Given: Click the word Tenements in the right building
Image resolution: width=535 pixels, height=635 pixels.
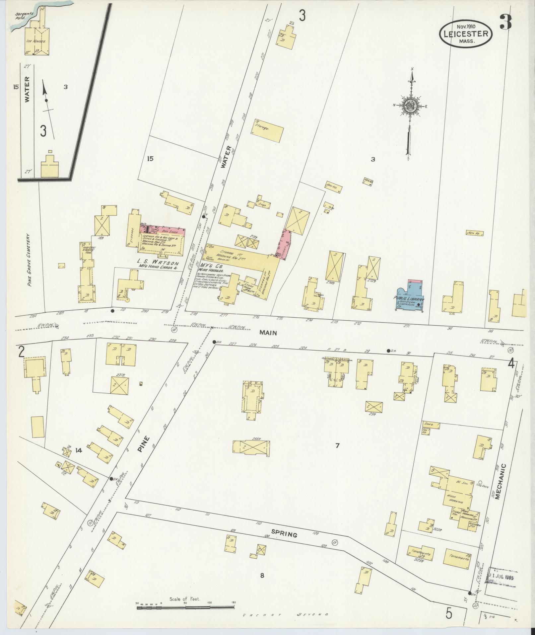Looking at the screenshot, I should coord(457,558).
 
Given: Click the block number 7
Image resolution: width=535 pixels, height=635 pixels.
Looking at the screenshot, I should coord(337,446).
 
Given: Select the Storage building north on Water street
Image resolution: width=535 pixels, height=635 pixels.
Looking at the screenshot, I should coord(269,130).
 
